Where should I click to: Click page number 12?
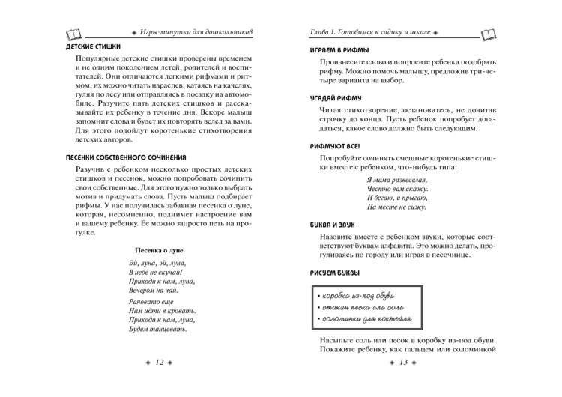coord(159,363)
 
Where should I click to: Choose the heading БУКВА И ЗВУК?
coord(337,224)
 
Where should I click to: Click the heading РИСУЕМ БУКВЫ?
coord(335,272)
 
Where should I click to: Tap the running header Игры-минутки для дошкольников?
coord(197,32)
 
